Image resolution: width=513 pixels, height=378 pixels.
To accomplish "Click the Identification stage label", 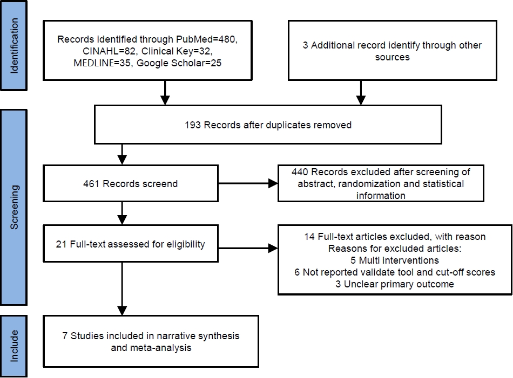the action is pyautogui.click(x=14, y=46).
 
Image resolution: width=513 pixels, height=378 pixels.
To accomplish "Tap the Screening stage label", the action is pyautogui.click(x=14, y=207).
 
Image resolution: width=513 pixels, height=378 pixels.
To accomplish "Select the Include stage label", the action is pyautogui.click(x=14, y=346).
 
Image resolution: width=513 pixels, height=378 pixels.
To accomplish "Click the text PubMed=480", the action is pyautogui.click(x=206, y=39).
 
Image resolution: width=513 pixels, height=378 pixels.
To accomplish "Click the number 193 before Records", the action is pyautogui.click(x=193, y=125).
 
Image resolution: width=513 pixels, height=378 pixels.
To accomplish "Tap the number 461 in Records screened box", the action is pyautogui.click(x=91, y=184).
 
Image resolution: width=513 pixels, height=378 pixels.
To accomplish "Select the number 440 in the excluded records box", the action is pyautogui.click(x=300, y=172).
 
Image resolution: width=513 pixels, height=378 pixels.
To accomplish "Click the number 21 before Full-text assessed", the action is pyautogui.click(x=61, y=244).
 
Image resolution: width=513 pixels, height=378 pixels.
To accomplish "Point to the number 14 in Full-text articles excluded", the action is pyautogui.click(x=309, y=237).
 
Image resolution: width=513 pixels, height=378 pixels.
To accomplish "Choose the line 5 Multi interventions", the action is pyautogui.click(x=395, y=260).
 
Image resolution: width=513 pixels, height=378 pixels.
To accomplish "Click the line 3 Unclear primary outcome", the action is pyautogui.click(x=395, y=284).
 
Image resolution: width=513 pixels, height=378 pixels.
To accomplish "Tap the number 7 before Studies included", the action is pyautogui.click(x=65, y=336).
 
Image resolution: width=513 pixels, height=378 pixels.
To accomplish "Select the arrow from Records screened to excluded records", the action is pyautogui.click(x=248, y=184).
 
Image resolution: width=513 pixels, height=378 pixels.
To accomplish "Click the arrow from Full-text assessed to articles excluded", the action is pyautogui.click(x=248, y=248).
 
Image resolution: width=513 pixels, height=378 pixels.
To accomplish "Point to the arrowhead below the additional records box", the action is pyautogui.click(x=361, y=100).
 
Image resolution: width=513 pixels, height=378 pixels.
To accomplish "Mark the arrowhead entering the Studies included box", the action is pyautogui.click(x=122, y=311).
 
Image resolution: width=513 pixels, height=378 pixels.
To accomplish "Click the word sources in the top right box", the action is pyautogui.click(x=392, y=57).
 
